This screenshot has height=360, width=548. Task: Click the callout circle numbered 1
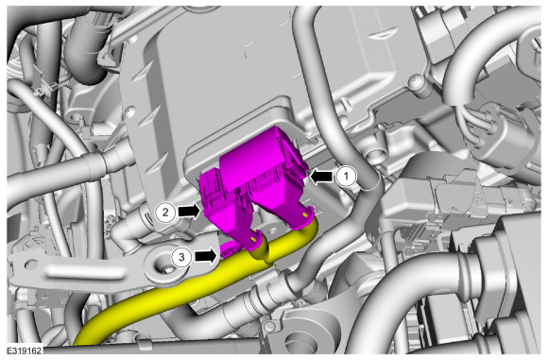click(x=347, y=176)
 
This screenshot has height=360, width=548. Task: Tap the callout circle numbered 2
click(x=165, y=212)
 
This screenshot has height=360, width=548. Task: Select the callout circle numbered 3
click(x=181, y=257)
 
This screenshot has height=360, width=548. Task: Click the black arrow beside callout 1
click(x=321, y=176)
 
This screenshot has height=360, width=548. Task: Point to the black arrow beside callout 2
click(x=189, y=211)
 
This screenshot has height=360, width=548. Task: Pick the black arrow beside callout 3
click(x=205, y=257)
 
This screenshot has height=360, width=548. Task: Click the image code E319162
click(x=25, y=350)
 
